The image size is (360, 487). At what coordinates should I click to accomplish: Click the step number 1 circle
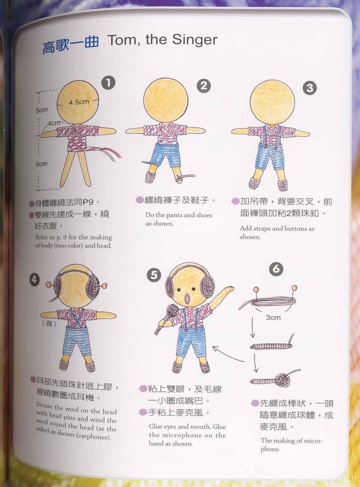point(108,83)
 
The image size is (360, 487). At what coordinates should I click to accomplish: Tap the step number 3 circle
point(310,88)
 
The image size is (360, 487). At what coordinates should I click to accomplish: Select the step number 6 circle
point(276,269)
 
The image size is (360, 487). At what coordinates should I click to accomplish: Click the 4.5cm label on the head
point(79,102)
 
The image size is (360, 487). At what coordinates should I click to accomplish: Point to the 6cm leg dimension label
point(42,164)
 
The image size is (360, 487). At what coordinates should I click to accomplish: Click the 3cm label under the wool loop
point(274,318)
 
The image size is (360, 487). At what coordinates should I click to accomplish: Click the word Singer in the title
point(195,40)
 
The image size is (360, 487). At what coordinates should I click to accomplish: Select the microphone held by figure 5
point(166,318)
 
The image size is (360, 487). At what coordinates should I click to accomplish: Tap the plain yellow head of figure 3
point(272,102)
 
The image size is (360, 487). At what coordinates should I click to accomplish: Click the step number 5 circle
point(154,275)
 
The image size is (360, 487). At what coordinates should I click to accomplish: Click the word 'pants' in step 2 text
point(174,215)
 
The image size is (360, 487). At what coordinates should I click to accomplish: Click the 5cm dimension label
point(42,110)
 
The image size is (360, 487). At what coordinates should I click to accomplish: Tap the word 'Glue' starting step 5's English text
point(155,427)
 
